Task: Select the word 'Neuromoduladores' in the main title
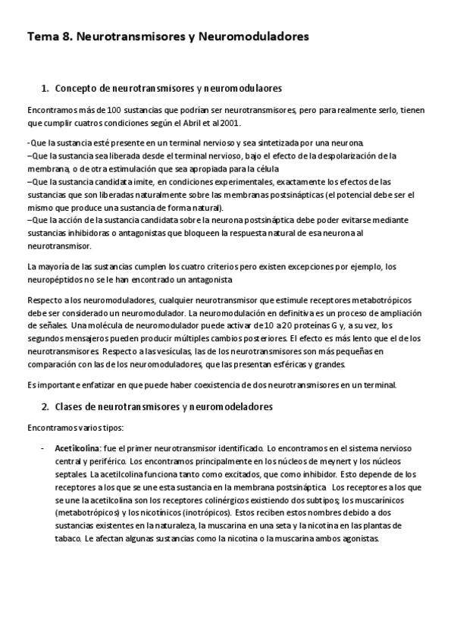coord(254,36)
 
